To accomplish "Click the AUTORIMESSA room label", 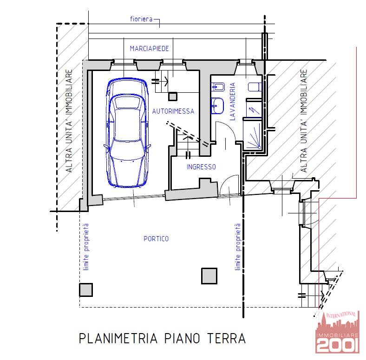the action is (173, 111).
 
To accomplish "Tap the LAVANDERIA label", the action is (233, 102).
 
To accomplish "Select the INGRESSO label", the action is (201, 167).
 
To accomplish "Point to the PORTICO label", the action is (156, 239).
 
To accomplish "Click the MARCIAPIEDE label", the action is (149, 49).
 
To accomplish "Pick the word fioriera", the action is (141, 19).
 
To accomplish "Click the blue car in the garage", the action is (127, 132).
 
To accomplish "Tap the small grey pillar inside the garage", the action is (173, 96).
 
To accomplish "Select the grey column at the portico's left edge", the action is (86, 290).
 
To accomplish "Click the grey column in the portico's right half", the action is (209, 276).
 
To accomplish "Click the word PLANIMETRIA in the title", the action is (118, 338).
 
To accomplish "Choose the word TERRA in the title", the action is (226, 338).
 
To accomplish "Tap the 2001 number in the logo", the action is (338, 345).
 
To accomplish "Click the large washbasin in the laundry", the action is (217, 106).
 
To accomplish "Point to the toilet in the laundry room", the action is (255, 87).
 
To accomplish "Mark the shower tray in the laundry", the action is (252, 135).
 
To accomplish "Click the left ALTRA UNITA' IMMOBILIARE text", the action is (69, 121).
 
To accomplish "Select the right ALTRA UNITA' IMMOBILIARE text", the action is (304, 121).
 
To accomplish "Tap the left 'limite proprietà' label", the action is (86, 247).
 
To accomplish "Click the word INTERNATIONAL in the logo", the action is (341, 315).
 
